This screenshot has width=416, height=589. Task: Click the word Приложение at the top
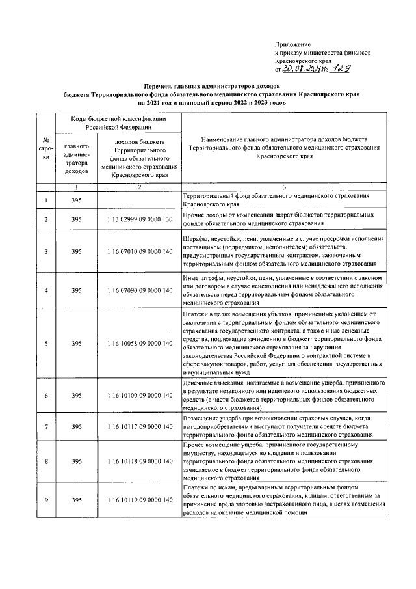(293, 44)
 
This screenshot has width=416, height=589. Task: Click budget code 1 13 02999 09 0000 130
(140, 219)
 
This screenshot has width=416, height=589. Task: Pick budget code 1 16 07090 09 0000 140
(140, 290)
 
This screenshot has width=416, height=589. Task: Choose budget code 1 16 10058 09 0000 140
(140, 343)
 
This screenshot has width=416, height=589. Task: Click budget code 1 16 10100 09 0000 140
(140, 395)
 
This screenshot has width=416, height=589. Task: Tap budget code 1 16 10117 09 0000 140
(140, 426)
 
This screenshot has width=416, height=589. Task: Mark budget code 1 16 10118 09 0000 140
(140, 461)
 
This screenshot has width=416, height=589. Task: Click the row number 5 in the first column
(46, 343)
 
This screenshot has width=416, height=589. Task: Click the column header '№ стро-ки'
(46, 150)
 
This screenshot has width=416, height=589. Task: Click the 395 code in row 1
(77, 200)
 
